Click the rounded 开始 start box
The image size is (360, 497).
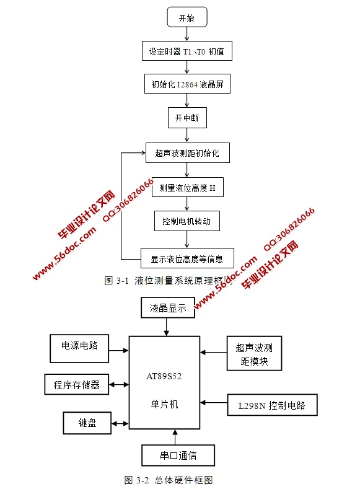[186, 18]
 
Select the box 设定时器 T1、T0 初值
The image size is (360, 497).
[187, 52]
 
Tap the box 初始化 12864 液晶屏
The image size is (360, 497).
[187, 84]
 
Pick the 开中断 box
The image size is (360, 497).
[187, 117]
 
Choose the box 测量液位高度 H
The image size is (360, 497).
[187, 188]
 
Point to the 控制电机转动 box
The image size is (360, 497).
[187, 221]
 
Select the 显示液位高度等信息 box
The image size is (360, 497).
[187, 257]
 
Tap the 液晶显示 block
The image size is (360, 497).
[168, 307]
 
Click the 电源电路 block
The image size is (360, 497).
[79, 348]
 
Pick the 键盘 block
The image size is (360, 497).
[87, 424]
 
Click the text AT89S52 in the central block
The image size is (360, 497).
[164, 376]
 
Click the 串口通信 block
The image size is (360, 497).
[178, 455]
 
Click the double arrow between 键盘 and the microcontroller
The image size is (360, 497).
[120, 424]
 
